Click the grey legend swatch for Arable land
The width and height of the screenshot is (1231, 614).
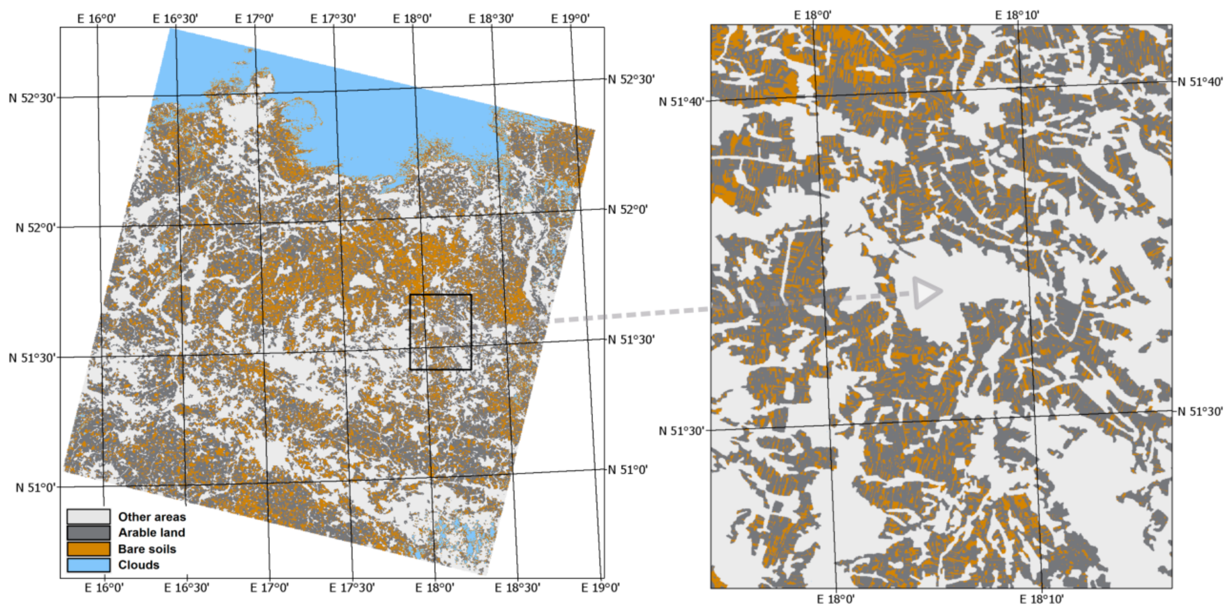point(88,532)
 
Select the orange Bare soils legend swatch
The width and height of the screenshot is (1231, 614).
point(88,548)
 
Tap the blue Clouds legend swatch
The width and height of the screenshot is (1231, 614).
point(88,565)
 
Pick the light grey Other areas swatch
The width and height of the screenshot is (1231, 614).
point(88,516)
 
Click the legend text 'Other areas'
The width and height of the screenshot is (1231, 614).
point(152,517)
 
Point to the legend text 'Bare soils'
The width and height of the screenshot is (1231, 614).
point(147,549)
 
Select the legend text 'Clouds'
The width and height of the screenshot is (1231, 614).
point(139,565)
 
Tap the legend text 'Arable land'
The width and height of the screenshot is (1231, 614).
point(152,533)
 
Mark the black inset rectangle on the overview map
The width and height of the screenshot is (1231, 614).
point(440,332)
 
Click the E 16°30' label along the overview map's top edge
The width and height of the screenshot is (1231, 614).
point(175,19)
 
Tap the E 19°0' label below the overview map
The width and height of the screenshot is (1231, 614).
point(600,588)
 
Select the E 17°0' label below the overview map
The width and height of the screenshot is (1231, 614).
point(269,588)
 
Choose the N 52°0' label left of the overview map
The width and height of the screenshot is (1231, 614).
point(35,228)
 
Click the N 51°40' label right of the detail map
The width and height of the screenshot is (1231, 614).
point(1199,82)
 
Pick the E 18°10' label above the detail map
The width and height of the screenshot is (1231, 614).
point(1017,15)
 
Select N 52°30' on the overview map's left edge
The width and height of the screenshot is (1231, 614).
point(32,98)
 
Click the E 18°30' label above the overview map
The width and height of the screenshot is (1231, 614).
point(491,19)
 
